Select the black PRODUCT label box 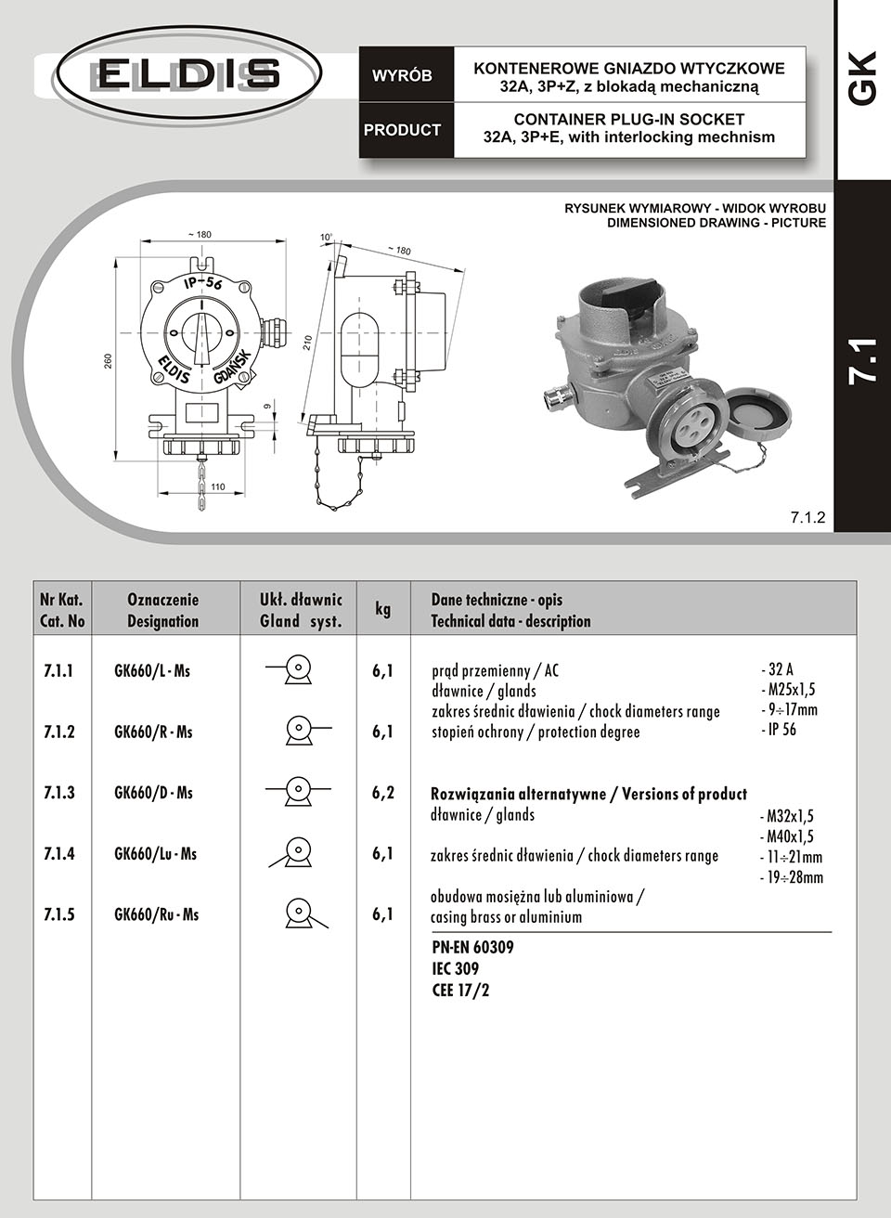point(402,130)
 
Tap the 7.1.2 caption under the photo point(807,518)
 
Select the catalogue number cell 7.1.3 point(59,793)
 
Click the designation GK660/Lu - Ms point(155,854)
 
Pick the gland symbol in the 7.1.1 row point(295,670)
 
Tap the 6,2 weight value point(382,793)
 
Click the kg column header point(382,609)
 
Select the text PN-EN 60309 point(473,948)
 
